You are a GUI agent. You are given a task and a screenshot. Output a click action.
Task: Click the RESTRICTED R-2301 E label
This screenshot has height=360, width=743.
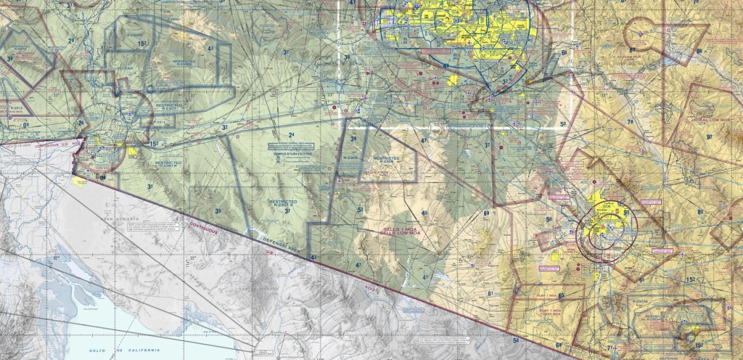click(282, 202)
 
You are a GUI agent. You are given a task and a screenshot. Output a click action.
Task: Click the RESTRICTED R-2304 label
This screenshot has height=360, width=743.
click(387, 158)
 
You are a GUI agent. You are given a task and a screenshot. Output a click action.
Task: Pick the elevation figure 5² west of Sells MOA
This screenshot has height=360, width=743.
click(361, 210)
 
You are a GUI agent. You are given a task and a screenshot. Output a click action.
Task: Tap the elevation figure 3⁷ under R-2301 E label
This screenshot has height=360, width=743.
click(288, 211)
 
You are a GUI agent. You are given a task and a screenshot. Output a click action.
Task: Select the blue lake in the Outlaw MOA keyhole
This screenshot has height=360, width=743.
click(662, 64)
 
